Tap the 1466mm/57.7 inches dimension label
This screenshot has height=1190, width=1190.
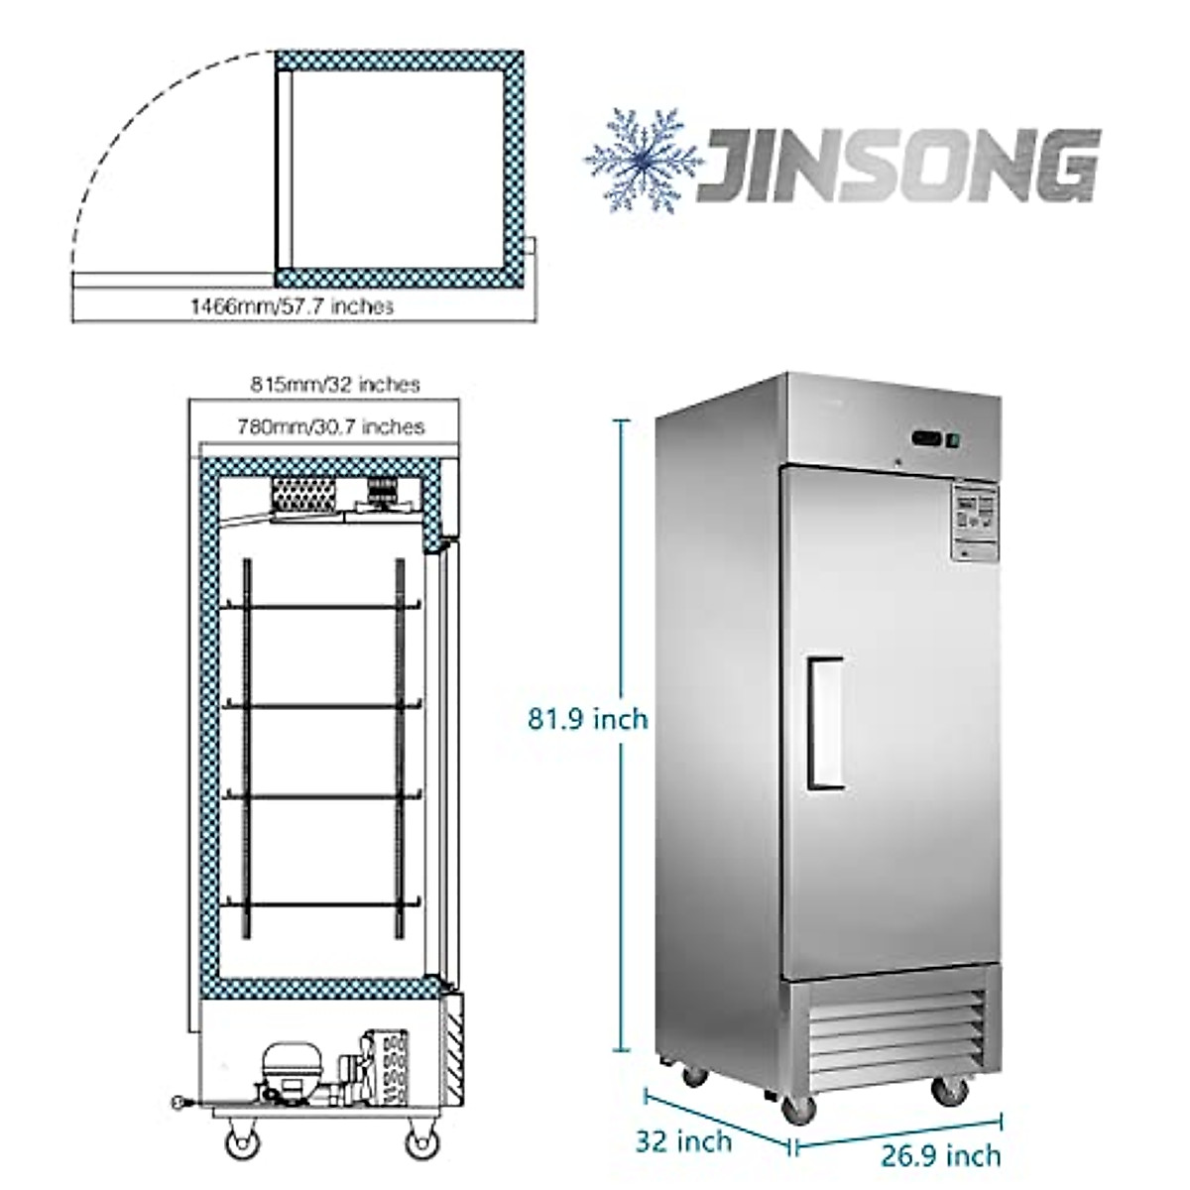[292, 306]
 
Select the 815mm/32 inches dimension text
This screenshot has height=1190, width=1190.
[334, 384]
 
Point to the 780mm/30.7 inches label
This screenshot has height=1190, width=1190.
[331, 426]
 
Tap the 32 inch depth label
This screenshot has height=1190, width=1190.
[684, 1141]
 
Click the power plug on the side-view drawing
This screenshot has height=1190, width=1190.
[178, 1100]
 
